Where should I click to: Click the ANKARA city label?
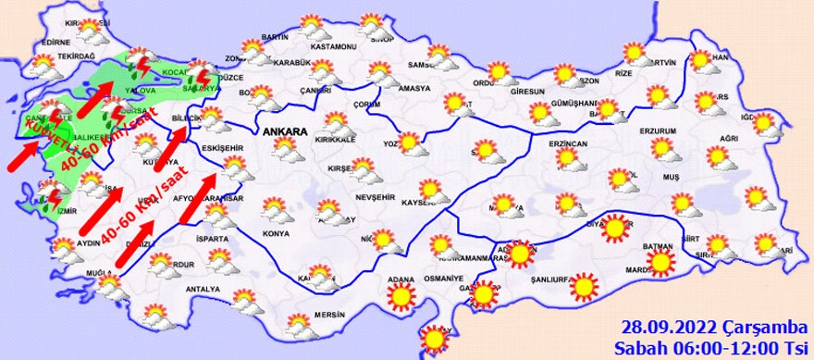pos(284,132)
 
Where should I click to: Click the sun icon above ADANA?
pos(401,296)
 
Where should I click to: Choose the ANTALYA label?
pos(203,289)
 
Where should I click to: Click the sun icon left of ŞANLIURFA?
pos(485,293)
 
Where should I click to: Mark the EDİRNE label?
pos(57,42)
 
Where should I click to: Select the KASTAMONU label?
pos(334,46)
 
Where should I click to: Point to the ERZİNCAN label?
pos(568,145)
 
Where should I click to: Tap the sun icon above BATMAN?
pos(614,227)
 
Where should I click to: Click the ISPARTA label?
pos(210,238)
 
